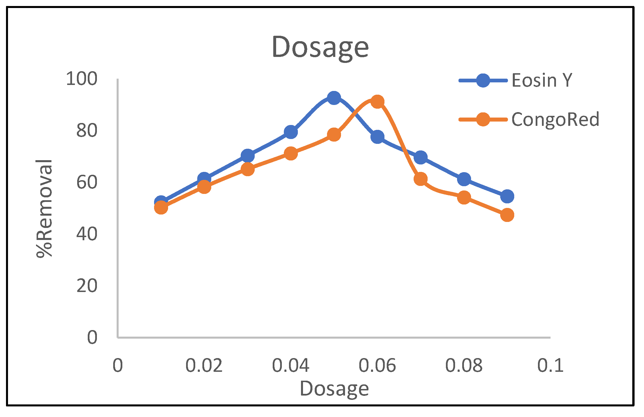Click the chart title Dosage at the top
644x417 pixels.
coord(320,47)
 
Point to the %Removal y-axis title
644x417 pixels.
coord(44,208)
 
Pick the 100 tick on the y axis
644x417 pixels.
coord(82,79)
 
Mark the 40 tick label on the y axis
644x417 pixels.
coord(87,234)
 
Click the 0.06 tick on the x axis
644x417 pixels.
coord(377,366)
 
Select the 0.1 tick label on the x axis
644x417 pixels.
coord(550,366)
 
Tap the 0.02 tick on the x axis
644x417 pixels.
coord(204,366)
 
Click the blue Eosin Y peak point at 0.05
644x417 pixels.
coord(334,98)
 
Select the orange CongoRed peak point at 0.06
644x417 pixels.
coord(377,102)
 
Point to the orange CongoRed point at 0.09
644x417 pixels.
coord(507,215)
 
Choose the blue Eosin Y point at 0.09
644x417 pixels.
coord(507,196)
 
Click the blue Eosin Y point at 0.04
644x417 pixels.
coord(291,132)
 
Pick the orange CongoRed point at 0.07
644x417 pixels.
coord(420,179)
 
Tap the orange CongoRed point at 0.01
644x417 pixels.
coord(161,207)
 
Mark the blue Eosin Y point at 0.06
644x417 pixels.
coord(377,137)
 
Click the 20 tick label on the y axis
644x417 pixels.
coord(87,286)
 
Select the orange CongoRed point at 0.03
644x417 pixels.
coord(248,169)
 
